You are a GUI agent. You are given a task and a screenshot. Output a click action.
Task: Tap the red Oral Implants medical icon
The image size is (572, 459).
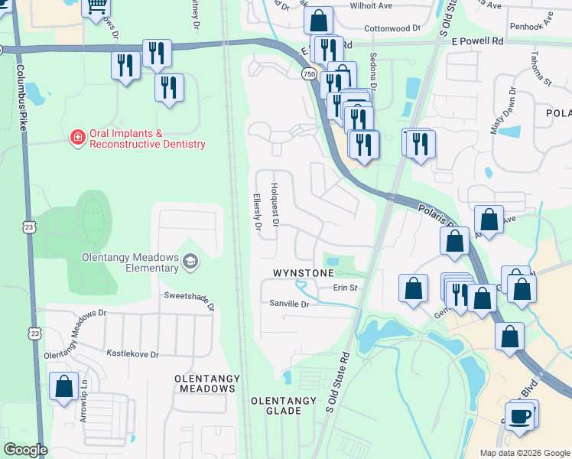coord(77,138)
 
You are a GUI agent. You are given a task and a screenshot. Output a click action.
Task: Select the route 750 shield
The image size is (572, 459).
coord(308,74)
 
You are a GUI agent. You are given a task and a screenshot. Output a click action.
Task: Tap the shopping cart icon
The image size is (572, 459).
coord(96,8)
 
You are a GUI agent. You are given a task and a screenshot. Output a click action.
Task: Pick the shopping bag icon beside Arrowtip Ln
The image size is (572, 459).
coord(63,386)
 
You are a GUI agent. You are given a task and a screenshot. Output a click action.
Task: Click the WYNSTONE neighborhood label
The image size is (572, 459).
coord(304,273)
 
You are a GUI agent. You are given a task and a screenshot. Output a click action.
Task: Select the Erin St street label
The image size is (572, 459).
coord(345,288)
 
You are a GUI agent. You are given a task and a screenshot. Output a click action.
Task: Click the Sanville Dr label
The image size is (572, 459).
coord(288,304)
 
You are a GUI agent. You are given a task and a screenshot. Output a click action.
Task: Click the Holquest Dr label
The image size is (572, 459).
coord(275,204)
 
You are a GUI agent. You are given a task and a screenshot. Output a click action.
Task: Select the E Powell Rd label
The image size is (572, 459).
coord(477,41)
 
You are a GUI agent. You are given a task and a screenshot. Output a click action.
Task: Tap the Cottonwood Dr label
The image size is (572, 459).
coord(392,27)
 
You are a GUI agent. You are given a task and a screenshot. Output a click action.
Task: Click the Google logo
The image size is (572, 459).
coord(25,450)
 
